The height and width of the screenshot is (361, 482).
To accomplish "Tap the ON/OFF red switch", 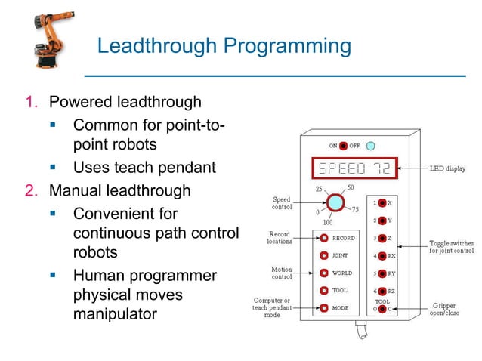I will pos(344,145).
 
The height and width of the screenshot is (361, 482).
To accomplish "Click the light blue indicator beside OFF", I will pos(371,145).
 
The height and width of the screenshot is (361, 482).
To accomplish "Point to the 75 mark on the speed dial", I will pos(355,210).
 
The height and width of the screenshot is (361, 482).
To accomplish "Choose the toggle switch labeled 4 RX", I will pos(383,256).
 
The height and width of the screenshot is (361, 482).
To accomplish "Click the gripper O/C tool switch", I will pos(383,309).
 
